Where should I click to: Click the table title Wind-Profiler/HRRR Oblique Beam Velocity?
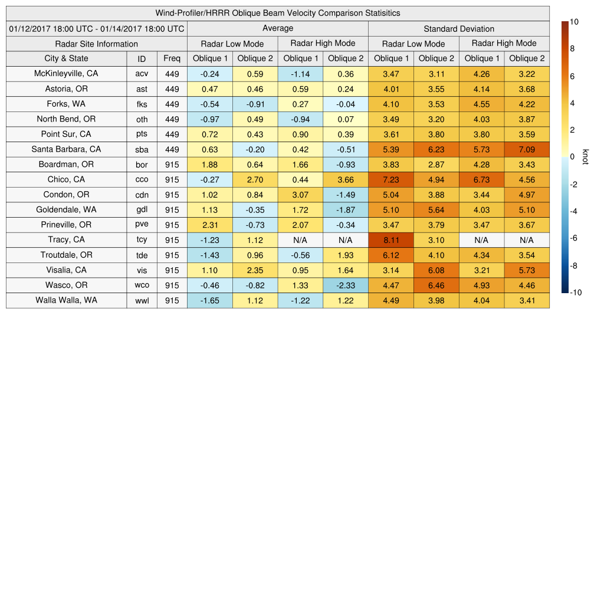[x=278, y=13]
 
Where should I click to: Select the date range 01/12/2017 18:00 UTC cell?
[x=97, y=28]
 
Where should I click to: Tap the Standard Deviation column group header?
[x=459, y=29]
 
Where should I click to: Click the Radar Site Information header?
[x=97, y=44]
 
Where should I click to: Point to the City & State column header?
[x=66, y=58]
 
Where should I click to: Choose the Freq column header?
[x=172, y=58]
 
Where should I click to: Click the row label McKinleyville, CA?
[x=66, y=74]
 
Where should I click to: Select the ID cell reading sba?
[x=142, y=150]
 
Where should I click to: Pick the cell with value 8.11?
[x=391, y=240]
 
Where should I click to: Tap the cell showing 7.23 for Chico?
[x=391, y=180]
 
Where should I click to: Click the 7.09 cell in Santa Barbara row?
[x=527, y=150]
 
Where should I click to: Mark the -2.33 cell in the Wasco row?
[x=346, y=285]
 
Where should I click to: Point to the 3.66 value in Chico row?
[x=346, y=180]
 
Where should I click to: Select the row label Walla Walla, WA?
[x=66, y=300]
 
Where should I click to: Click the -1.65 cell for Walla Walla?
[x=210, y=300]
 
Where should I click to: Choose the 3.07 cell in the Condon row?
[x=300, y=195]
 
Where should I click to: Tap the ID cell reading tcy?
[x=142, y=240]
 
